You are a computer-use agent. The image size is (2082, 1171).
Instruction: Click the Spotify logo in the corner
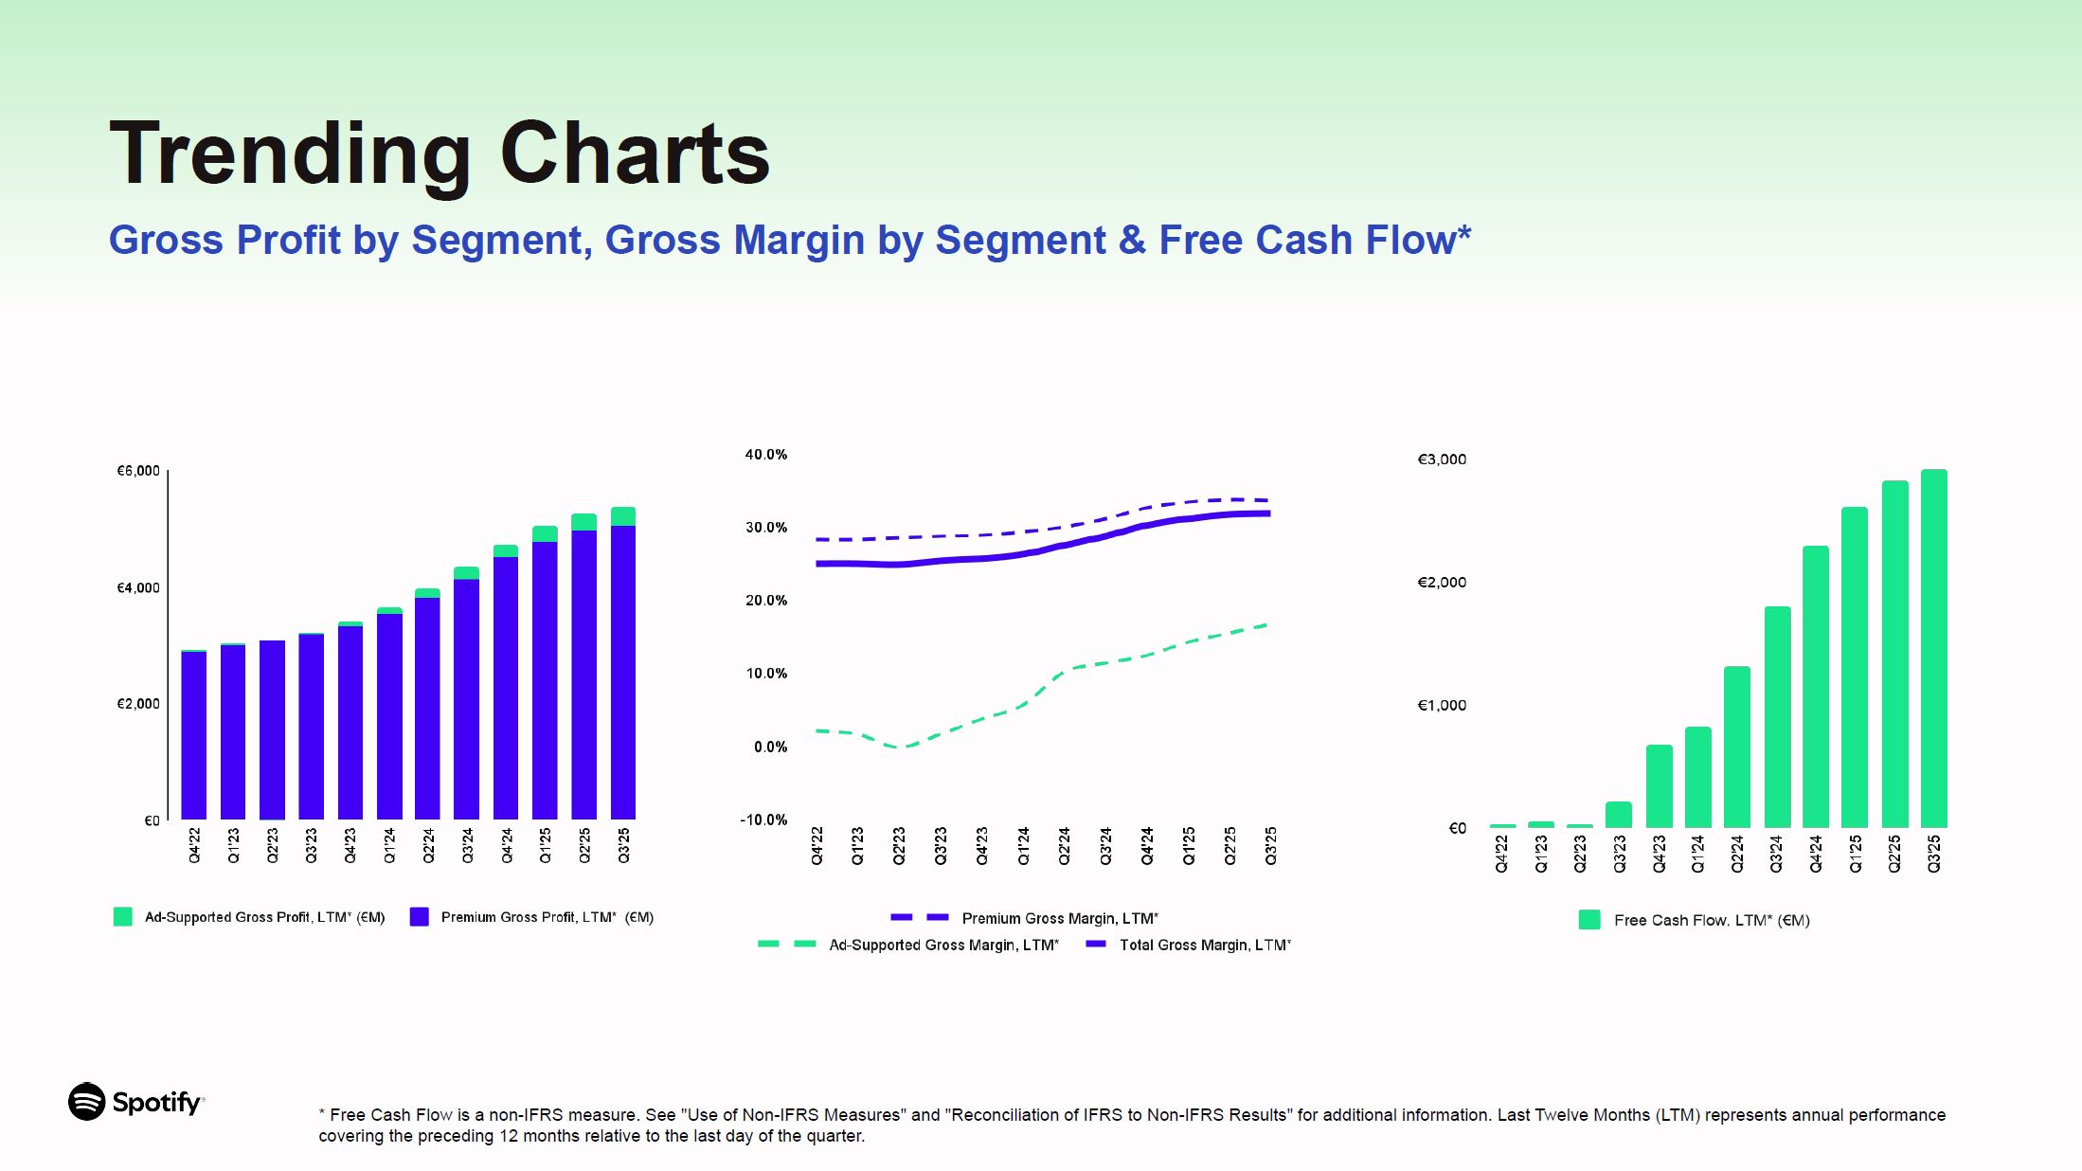click(135, 1102)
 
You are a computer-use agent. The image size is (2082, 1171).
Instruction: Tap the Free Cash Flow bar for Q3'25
click(1933, 648)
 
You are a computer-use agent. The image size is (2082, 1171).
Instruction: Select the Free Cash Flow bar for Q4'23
click(1659, 785)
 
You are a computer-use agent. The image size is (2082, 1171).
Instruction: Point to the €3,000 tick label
click(1441, 459)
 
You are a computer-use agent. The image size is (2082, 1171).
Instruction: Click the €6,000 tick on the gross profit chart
click(138, 471)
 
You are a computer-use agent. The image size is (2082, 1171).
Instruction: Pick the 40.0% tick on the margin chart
click(765, 455)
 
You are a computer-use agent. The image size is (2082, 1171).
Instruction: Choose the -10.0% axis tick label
click(763, 820)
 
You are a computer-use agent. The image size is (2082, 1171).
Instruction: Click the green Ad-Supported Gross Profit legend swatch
click(123, 917)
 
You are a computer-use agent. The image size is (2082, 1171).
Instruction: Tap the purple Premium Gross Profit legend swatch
click(419, 917)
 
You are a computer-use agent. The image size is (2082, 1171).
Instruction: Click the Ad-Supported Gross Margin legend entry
click(943, 945)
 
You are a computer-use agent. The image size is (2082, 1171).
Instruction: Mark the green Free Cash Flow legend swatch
click(1589, 920)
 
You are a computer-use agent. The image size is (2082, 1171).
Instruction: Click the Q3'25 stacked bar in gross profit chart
click(622, 663)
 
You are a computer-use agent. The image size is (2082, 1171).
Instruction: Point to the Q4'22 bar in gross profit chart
click(194, 735)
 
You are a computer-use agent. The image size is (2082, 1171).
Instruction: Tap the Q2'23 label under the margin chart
click(899, 845)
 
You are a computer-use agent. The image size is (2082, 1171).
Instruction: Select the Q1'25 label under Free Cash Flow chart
click(1855, 853)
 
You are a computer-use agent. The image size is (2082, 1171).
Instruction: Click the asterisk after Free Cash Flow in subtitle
click(1464, 234)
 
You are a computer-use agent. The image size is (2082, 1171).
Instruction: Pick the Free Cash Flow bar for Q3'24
click(1777, 716)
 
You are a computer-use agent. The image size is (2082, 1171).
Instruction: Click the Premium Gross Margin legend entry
click(1059, 918)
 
